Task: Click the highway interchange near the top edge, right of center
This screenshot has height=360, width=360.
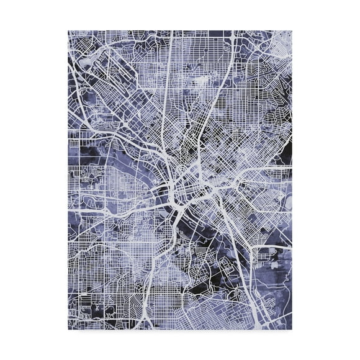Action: click(x=230, y=40)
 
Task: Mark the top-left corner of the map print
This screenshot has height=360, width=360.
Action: click(x=68, y=30)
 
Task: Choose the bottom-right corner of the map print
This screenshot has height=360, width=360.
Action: click(x=292, y=328)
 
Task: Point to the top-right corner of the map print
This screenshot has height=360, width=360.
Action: click(x=292, y=30)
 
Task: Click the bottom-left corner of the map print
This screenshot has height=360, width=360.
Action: click(x=68, y=328)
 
